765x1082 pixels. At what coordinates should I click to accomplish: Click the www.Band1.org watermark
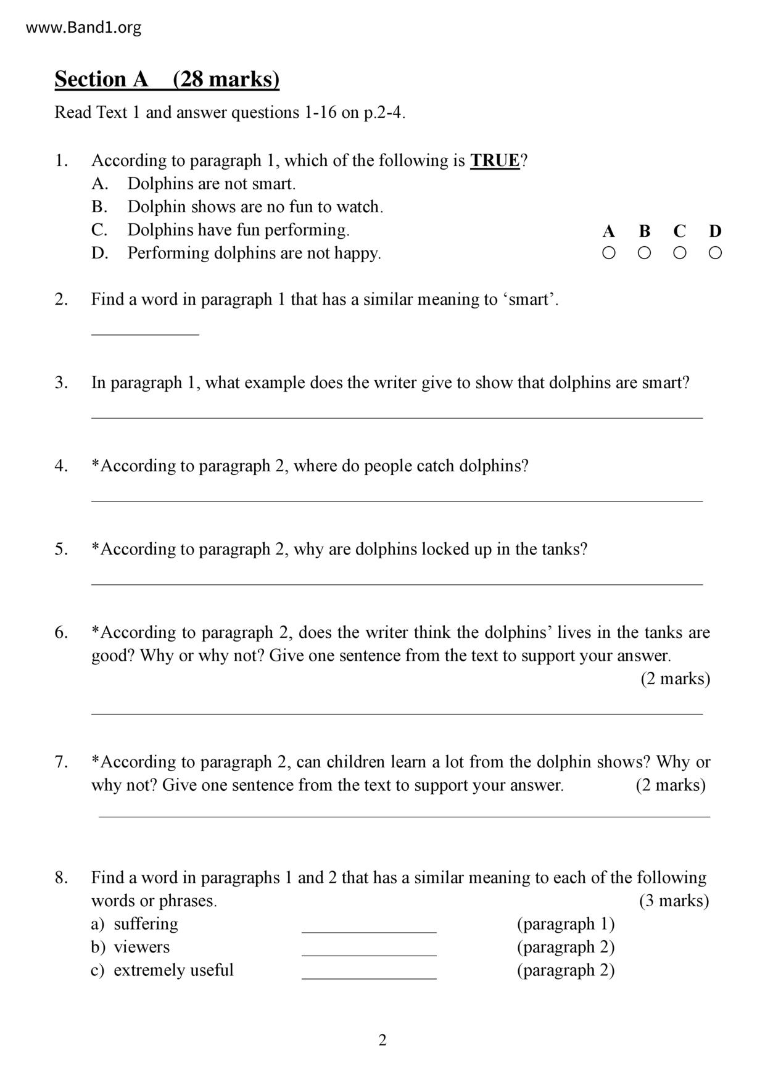[x=84, y=28]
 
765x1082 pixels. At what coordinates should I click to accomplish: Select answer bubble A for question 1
[x=608, y=253]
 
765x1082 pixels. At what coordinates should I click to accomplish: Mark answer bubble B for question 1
[x=644, y=253]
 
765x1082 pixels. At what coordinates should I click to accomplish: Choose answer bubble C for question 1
[x=680, y=253]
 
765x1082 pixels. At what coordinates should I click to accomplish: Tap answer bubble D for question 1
[x=715, y=253]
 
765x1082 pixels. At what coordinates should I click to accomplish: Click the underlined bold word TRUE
[x=495, y=161]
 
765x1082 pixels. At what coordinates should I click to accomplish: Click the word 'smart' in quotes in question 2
[x=530, y=300]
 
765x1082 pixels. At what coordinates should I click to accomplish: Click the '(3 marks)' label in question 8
[x=674, y=901]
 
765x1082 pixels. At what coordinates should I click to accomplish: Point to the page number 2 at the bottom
[x=382, y=1041]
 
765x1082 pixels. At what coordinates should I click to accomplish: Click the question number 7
[x=61, y=762]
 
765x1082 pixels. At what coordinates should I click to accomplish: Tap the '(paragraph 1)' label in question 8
[x=566, y=924]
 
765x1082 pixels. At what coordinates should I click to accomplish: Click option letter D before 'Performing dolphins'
[x=99, y=254]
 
